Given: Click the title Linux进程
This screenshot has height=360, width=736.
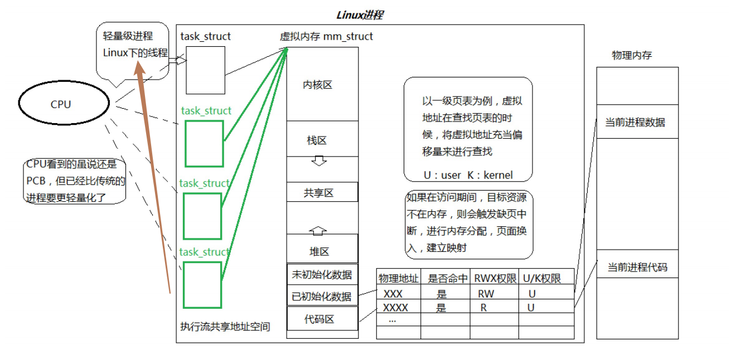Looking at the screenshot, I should pyautogui.click(x=360, y=15).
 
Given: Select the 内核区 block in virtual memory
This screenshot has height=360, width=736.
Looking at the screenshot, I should pyautogui.click(x=318, y=85).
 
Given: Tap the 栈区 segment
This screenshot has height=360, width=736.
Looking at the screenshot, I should pyautogui.click(x=317, y=140).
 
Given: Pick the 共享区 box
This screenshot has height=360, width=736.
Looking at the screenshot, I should pyautogui.click(x=319, y=193).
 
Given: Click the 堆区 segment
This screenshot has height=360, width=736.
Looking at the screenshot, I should pyautogui.click(x=319, y=251).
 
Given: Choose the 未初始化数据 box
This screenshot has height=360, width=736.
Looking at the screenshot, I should pyautogui.click(x=322, y=274).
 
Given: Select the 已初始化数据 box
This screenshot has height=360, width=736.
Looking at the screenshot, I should pyautogui.click(x=322, y=296).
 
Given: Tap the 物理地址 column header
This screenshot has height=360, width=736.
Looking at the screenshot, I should pyautogui.click(x=399, y=278).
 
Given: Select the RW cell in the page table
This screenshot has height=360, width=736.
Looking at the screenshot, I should pyautogui.click(x=486, y=294).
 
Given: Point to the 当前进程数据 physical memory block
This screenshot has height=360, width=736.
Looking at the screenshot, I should pyautogui.click(x=636, y=122).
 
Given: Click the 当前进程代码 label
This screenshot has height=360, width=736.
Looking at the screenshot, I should pyautogui.click(x=637, y=267).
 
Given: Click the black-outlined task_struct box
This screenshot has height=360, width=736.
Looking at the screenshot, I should pyautogui.click(x=205, y=70).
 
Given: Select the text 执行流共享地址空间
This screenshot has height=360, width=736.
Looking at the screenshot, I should pyautogui.click(x=225, y=327).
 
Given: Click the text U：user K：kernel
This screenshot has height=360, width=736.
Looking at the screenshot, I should pyautogui.click(x=467, y=175).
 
